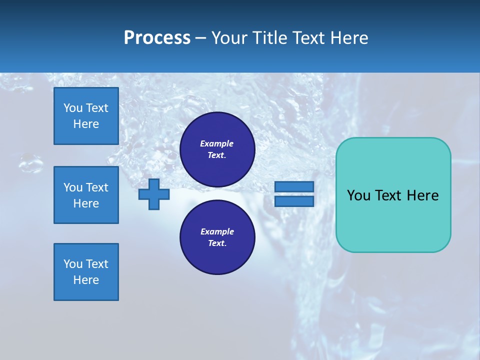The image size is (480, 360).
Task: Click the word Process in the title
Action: [x=157, y=38]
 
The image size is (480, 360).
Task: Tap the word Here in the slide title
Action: [x=348, y=38]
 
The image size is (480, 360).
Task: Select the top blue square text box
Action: [x=86, y=116]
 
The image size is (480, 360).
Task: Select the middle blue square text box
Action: [x=86, y=195]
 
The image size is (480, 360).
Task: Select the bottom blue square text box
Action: [x=86, y=272]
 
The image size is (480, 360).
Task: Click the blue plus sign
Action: [x=154, y=194]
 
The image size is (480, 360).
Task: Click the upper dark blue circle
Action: [x=217, y=149]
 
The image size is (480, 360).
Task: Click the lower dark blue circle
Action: [x=217, y=237]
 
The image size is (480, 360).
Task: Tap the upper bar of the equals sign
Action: [x=294, y=186]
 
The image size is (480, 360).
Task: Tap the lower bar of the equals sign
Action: [x=294, y=201]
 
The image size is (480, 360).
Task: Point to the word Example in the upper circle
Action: [x=216, y=143]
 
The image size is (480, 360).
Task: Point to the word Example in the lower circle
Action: [x=216, y=231]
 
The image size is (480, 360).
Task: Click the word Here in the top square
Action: [x=86, y=124]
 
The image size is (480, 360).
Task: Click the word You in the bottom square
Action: [x=73, y=264]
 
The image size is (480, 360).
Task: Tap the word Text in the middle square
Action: [x=97, y=187]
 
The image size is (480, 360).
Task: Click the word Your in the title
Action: [x=229, y=38]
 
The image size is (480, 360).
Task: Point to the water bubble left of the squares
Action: [x=30, y=162]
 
